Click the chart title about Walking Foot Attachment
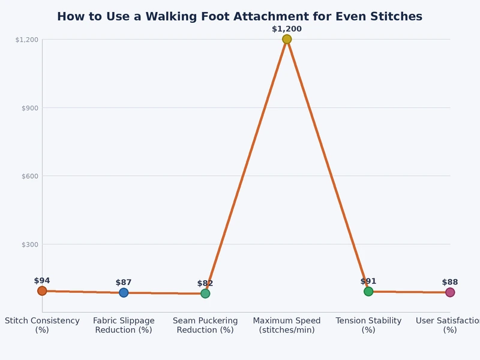(239, 17)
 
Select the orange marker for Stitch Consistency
(42, 291)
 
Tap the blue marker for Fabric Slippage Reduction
(124, 293)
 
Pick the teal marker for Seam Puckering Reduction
(205, 293)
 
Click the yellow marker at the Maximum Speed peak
(287, 39)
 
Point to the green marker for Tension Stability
(368, 292)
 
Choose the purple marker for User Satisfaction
(450, 292)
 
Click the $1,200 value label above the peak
(287, 29)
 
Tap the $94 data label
(42, 281)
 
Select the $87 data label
(124, 283)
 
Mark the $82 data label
(205, 284)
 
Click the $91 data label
(368, 281)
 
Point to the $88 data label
(450, 282)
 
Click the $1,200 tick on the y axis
(27, 40)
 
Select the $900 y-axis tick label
(29, 108)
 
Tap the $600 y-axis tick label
(29, 176)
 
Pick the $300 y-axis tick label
(29, 244)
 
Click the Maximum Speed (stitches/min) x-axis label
(287, 325)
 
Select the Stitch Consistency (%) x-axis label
(42, 325)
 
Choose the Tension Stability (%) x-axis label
(368, 325)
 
